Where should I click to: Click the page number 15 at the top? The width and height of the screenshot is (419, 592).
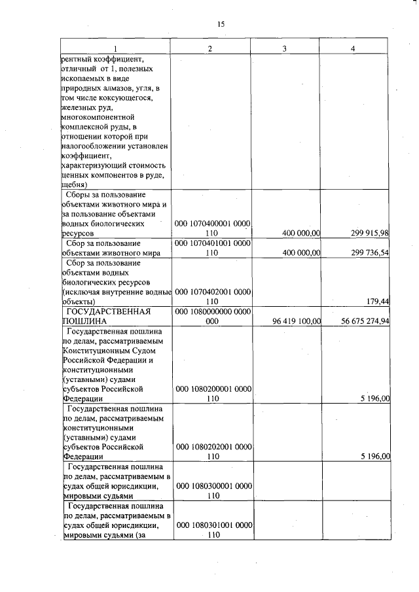[x=221, y=24]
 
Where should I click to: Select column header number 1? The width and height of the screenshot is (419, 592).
[x=115, y=49]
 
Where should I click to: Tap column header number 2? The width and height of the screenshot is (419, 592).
[x=209, y=49]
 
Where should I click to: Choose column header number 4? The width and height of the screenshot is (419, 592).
[x=353, y=49]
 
